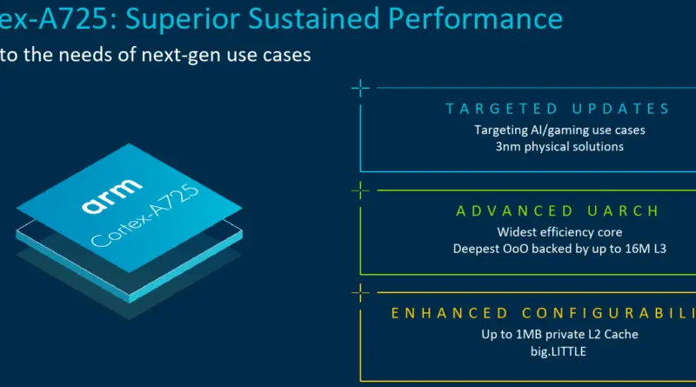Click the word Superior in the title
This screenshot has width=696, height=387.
point(182,20)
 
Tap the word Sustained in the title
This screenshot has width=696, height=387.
point(313,18)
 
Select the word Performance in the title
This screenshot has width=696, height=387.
point(475,18)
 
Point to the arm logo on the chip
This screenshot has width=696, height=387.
point(112,196)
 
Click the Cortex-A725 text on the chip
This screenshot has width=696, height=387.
point(145,215)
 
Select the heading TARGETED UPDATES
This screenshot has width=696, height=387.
point(558,109)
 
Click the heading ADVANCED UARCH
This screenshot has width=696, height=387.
point(558,210)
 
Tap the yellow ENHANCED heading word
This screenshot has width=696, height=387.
point(449,313)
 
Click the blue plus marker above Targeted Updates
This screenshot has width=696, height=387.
point(360,89)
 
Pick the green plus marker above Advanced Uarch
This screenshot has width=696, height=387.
point(360,190)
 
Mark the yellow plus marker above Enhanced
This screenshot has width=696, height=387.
point(360,292)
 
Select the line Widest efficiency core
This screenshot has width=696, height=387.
point(559,232)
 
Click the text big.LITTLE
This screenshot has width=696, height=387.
point(559,352)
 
